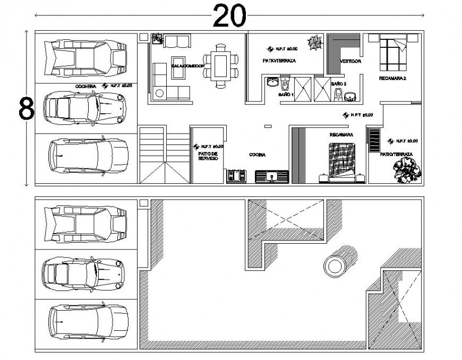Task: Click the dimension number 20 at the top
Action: tap(230, 15)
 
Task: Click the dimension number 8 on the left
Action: tap(26, 109)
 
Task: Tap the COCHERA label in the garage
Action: tap(85, 85)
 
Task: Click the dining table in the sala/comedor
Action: tap(219, 66)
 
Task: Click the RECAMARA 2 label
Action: tap(392, 79)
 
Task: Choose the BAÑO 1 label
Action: tap(286, 95)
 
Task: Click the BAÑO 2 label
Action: tap(339, 84)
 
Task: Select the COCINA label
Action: tap(258, 155)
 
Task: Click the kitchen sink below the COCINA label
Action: tap(271, 176)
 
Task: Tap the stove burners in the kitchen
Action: tap(236, 176)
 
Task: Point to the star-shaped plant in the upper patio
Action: tap(314, 43)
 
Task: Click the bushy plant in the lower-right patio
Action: tap(406, 169)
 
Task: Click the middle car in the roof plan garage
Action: tap(85, 273)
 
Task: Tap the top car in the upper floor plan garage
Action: tap(85, 56)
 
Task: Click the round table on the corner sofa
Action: tap(159, 93)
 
